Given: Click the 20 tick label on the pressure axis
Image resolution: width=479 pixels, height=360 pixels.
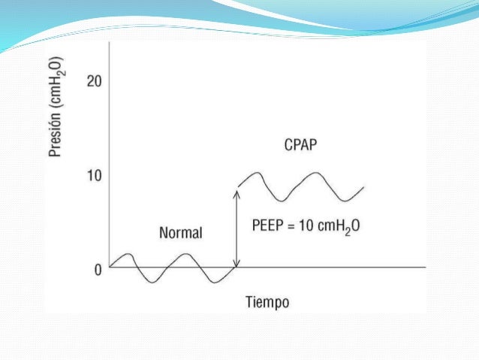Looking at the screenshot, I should tap(95, 81).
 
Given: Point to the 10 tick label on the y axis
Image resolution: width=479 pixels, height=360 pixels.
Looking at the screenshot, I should tap(95, 175).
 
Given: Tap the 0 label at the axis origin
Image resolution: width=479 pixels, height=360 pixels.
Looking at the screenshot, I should tap(98, 268).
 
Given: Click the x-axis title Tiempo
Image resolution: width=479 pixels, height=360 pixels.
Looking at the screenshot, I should tap(267, 302).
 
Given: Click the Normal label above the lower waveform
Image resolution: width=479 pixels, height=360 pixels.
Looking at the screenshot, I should tap(180, 232).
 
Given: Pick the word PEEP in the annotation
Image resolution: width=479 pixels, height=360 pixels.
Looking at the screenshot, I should tap(268, 224).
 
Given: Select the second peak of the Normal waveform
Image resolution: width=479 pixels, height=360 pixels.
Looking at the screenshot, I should tap(186, 254).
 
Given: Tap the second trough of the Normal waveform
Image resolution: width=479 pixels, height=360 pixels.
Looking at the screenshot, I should tap(215, 282).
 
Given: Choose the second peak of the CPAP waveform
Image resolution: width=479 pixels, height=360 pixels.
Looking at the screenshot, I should tap(315, 173).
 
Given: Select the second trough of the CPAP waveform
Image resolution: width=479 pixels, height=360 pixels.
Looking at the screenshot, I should tap(345, 201).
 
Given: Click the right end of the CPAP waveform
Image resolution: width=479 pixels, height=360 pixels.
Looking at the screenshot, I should tap(364, 187).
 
